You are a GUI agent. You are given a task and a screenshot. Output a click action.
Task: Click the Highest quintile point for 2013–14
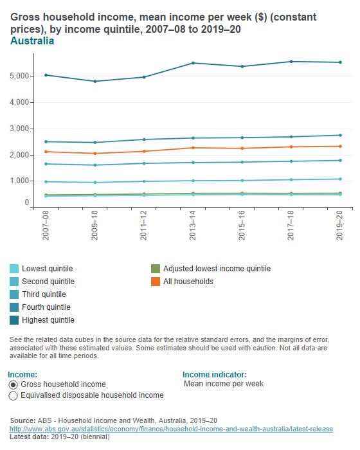click(x=193, y=63)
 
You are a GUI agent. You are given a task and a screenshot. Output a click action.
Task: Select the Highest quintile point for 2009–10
click(x=95, y=82)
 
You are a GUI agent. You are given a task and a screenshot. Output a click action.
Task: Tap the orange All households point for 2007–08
click(x=46, y=152)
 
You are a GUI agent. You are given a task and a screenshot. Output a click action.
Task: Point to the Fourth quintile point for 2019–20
click(x=339, y=135)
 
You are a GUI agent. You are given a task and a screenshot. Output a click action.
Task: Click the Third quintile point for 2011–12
click(x=144, y=163)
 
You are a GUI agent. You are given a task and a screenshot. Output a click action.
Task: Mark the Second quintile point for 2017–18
click(x=291, y=180)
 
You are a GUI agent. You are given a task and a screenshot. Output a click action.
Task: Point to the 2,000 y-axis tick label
click(x=19, y=155)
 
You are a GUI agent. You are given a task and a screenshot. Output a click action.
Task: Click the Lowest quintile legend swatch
click(x=14, y=269)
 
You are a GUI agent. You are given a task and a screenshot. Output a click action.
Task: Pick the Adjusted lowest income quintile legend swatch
click(x=155, y=269)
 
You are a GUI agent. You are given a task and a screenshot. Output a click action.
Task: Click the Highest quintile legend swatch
click(x=14, y=320)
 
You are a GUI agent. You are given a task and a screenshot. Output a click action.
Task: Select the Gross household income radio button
click(x=13, y=384)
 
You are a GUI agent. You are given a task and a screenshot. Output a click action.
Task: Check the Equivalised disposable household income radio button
click(x=13, y=396)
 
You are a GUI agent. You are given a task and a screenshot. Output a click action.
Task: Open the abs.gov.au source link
click(x=170, y=429)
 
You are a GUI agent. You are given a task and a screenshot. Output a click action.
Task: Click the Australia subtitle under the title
click(x=32, y=41)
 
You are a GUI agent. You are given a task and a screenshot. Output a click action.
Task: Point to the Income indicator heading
click(x=215, y=375)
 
